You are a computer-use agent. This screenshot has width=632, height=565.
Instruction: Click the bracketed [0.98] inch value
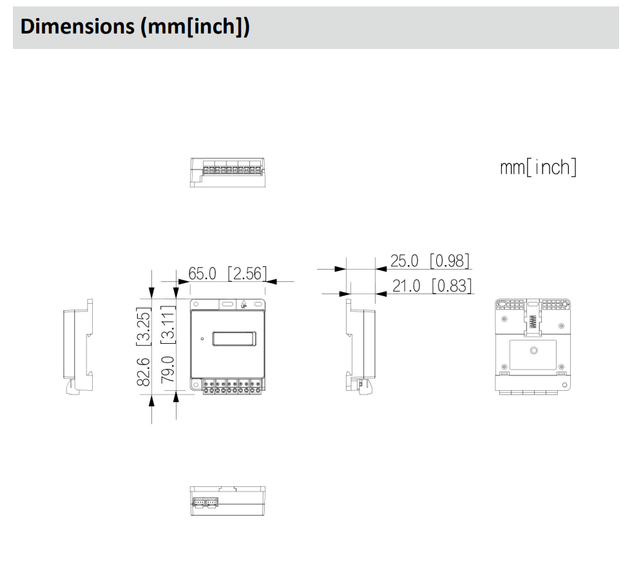[450, 261]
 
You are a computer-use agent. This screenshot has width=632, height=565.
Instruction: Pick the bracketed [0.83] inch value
[451, 285]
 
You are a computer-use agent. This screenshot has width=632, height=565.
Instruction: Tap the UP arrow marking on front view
[244, 305]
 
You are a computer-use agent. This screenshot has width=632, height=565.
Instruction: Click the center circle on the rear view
[533, 350]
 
